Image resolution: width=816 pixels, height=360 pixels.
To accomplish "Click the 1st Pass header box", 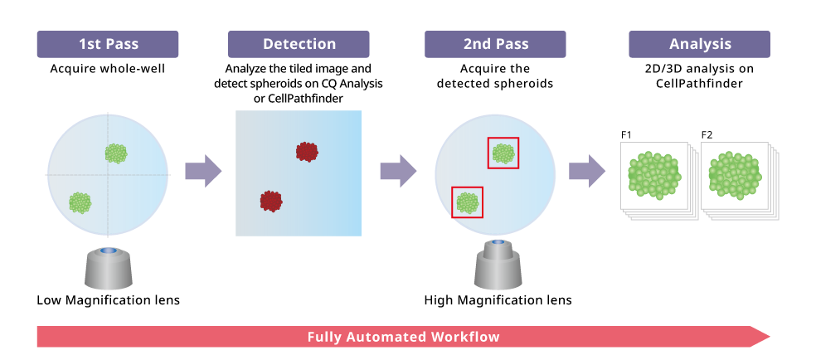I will (108, 44).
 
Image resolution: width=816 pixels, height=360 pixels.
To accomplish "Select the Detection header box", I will (299, 44).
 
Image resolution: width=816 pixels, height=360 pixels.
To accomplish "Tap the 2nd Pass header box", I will (496, 44).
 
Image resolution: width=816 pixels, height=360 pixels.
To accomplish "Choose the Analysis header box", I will (699, 44).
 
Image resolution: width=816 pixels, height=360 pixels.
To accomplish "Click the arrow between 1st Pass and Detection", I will (202, 171).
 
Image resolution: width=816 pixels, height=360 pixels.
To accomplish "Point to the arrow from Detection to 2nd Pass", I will (397, 171).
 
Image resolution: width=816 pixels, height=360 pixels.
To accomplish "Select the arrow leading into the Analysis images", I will (586, 171).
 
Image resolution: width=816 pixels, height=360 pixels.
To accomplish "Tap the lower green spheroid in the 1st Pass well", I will (80, 202).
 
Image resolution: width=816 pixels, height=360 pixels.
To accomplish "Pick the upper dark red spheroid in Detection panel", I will (308, 151).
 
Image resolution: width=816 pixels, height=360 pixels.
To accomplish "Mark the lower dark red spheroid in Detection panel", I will (271, 200).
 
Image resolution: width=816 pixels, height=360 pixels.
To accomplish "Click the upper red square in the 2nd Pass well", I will (503, 153).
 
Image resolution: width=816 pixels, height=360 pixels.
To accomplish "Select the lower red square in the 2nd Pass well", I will (467, 202).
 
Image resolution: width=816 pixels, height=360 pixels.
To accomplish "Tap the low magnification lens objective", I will (108, 268).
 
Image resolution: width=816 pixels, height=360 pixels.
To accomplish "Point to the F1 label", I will (627, 134).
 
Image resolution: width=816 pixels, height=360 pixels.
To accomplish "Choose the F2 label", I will (707, 134).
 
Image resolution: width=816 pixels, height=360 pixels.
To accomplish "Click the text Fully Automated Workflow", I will (403, 337).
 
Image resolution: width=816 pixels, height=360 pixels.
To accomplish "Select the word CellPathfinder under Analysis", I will (699, 84).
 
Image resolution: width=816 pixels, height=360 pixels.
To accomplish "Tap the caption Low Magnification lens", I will (108, 299).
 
